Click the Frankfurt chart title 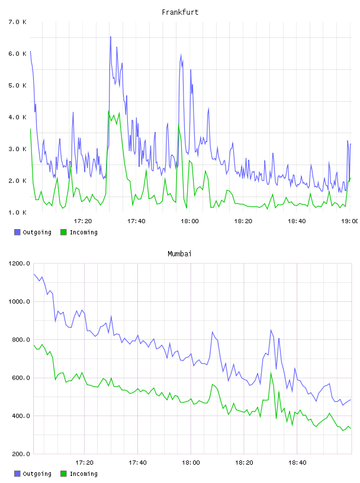pos(180,12)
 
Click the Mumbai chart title pos(179,254)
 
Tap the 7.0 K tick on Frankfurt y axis pos(17,22)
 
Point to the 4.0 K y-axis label pos(17,117)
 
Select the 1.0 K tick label pos(17,212)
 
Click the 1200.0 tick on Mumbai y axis pos(19,263)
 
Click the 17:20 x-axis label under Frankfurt pos(83,221)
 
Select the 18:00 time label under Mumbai pos(191,462)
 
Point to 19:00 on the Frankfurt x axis pos(350,221)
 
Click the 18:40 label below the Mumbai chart pos(297,462)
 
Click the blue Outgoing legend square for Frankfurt pos(17,232)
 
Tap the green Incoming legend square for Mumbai pos(63,474)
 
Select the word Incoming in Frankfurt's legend pos(83,232)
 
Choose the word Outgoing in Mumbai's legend pos(37,474)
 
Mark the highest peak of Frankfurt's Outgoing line pos(111,37)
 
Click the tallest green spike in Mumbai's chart pos(271,373)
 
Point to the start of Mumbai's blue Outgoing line pos(34,274)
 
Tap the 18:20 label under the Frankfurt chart pos(243,221)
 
